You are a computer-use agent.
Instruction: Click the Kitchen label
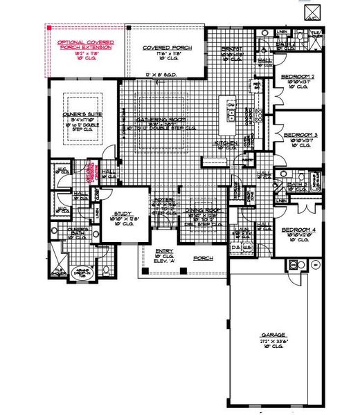[229, 143]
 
